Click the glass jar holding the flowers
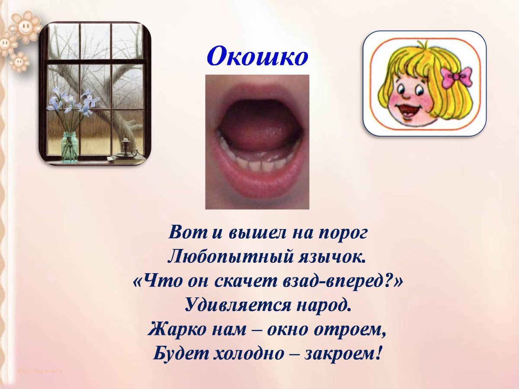(x=69, y=147)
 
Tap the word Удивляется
(x=233, y=306)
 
